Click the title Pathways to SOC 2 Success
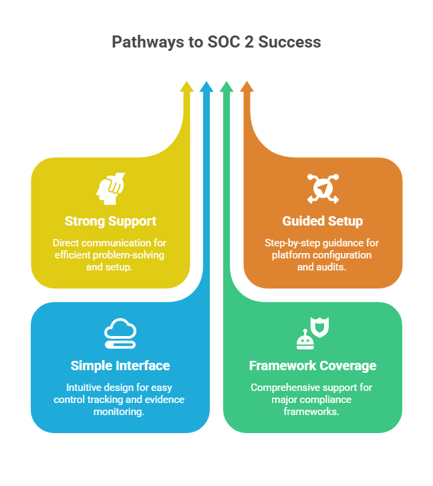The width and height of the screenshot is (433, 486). (216, 42)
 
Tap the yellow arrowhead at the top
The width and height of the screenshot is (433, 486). (187, 86)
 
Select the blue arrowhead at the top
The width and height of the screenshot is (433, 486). (206, 86)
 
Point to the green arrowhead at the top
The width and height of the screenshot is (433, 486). (227, 86)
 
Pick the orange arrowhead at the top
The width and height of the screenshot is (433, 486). (247, 86)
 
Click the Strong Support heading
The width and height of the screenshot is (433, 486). (110, 221)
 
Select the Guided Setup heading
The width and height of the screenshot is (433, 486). (323, 221)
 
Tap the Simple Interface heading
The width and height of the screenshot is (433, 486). (120, 366)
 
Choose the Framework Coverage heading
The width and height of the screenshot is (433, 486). (313, 366)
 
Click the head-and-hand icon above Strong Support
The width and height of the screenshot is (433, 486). (110, 189)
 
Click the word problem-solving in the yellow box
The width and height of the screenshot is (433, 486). (134, 254)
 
